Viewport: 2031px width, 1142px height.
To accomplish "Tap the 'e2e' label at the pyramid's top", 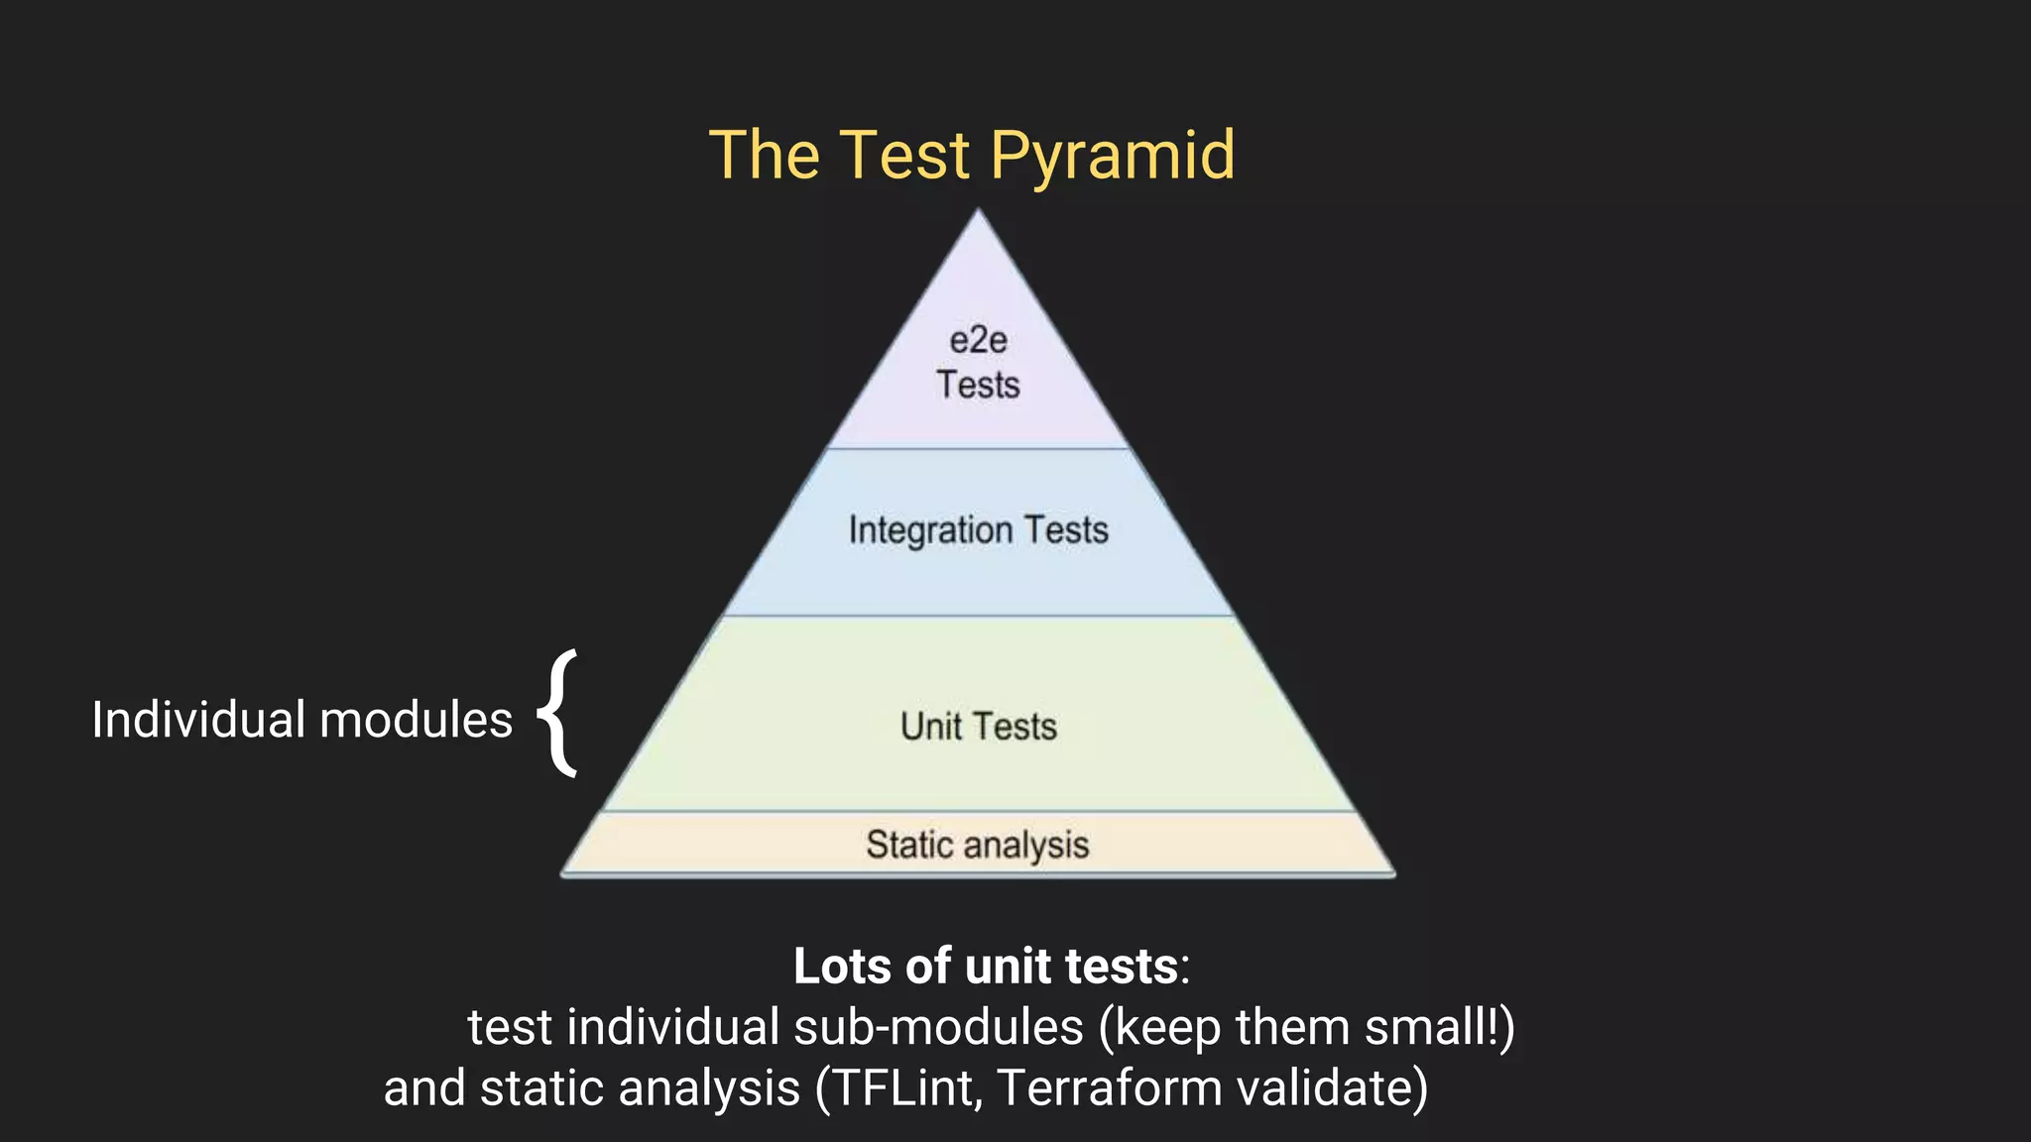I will (978, 341).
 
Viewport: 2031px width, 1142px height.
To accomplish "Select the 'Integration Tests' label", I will (978, 530).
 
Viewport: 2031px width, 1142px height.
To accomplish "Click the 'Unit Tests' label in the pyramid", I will (978, 727).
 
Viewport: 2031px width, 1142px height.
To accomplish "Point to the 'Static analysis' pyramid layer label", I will (977, 845).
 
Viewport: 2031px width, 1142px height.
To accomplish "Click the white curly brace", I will (558, 714).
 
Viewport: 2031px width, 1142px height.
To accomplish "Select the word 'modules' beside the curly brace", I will (416, 720).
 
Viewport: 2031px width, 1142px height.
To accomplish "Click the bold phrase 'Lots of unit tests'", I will (985, 966).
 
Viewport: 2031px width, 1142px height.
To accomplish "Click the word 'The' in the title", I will (765, 157).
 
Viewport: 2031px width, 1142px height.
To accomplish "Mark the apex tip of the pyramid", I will (978, 210).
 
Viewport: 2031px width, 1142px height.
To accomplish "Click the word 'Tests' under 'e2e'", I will (978, 385).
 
